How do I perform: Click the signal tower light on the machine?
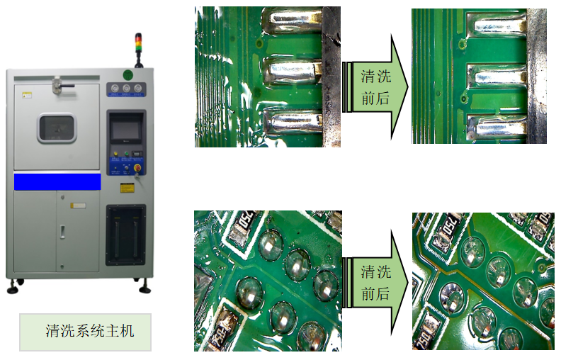click(138, 50)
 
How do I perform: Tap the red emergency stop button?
click(137, 167)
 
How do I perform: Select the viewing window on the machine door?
click(57, 128)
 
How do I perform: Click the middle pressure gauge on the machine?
click(126, 89)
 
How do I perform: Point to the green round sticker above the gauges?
click(127, 75)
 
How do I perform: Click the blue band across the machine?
click(57, 181)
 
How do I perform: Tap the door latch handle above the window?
click(62, 86)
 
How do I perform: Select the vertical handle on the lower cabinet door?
click(62, 232)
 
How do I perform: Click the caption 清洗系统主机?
click(89, 331)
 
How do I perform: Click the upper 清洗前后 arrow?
click(375, 87)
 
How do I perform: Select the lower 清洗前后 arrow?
click(375, 283)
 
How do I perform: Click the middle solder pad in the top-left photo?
click(293, 71)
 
